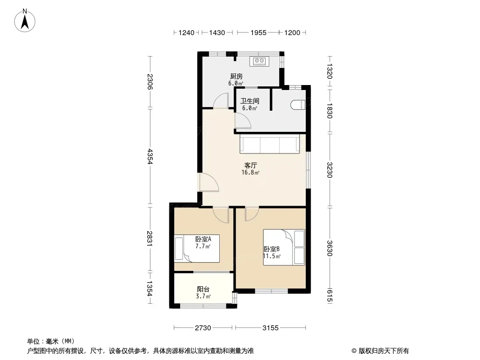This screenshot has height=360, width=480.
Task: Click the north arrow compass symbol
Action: point(25,21)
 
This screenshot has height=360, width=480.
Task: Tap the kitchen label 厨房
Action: point(236,76)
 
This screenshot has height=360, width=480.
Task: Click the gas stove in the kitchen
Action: point(259,61)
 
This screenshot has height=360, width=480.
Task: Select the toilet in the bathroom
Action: point(298,105)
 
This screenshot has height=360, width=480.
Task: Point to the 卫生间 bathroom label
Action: point(250,101)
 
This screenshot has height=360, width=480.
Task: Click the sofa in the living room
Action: point(270,144)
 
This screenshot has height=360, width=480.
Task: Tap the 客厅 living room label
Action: point(250,166)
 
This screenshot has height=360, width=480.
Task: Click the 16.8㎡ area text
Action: point(250,172)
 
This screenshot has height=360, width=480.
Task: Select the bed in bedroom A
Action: point(197,248)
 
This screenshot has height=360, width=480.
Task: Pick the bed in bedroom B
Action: point(284,247)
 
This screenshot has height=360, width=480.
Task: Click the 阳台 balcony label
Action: point(203,289)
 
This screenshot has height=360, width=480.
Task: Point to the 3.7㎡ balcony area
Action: point(203,296)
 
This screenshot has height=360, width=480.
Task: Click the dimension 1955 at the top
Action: point(258,33)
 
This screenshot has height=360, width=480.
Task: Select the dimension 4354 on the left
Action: point(149,156)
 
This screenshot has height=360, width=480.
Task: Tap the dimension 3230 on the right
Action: point(330,170)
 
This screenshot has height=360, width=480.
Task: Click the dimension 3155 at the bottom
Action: point(270,328)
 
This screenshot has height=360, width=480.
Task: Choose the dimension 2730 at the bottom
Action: point(203,328)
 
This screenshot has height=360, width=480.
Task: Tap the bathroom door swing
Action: point(243,121)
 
